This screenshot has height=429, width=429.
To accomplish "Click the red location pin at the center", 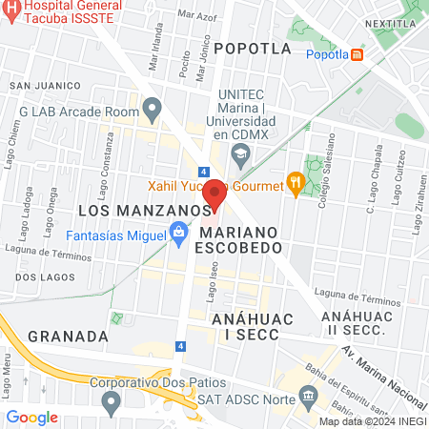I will (214, 194).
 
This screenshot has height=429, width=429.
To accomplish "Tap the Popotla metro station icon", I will (357, 54).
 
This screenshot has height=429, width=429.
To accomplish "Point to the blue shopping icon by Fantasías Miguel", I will (178, 230).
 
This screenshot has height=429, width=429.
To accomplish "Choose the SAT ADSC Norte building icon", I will (308, 395).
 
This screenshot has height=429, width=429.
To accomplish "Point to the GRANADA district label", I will (67, 336).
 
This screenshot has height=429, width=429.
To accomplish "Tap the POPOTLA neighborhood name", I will (252, 47).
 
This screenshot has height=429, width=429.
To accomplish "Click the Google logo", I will (31, 417).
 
